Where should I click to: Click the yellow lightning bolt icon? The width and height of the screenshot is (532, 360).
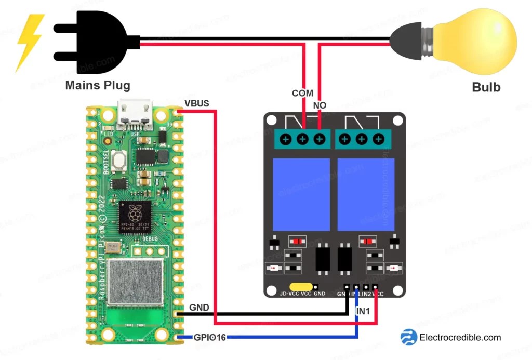(30, 42)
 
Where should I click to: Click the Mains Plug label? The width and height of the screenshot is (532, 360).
(98, 85)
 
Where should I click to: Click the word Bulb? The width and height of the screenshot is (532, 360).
(486, 87)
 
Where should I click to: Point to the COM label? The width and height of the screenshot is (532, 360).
(302, 93)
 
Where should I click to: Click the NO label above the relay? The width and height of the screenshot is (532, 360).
(320, 105)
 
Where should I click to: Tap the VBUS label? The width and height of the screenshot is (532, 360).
(196, 103)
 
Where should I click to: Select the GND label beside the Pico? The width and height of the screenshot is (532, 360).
(199, 308)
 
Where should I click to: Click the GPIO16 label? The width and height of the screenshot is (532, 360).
(210, 337)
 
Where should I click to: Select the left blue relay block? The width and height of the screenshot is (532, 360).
(301, 194)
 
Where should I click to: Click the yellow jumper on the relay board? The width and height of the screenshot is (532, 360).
(300, 286)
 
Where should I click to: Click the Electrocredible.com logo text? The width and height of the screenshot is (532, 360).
(460, 337)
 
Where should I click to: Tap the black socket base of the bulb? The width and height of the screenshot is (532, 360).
(410, 41)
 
